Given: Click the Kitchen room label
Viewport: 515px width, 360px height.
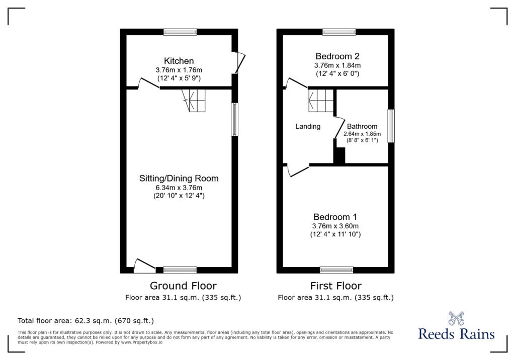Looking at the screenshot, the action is click(x=179, y=61).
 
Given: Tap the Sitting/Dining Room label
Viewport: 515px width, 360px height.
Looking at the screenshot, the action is click(x=179, y=178).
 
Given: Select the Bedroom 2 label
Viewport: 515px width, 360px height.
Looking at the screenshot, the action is click(x=337, y=56).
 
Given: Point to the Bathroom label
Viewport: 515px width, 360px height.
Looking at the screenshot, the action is click(x=362, y=127).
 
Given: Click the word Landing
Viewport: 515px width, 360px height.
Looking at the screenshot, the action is click(x=308, y=127).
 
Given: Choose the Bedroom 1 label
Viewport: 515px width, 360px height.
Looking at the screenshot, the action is click(x=335, y=217).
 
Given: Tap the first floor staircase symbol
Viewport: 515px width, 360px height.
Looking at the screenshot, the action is click(x=321, y=100).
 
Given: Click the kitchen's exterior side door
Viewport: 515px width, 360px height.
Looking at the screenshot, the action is click(x=240, y=62).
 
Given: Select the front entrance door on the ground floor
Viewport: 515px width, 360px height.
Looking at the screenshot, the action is click(x=145, y=266).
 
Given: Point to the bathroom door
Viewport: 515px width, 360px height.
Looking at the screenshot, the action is click(x=339, y=127).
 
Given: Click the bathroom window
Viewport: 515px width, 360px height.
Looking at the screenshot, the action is click(x=391, y=126).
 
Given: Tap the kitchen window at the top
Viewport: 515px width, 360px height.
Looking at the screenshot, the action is click(x=181, y=32).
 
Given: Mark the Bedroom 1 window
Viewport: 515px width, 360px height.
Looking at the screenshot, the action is click(x=336, y=270).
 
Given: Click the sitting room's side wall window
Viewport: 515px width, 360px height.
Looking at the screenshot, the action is click(x=234, y=119).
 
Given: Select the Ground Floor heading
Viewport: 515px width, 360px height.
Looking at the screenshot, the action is click(x=183, y=286).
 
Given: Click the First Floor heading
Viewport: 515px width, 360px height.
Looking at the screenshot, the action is click(x=335, y=286).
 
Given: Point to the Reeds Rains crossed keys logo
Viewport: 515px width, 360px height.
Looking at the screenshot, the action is click(x=456, y=318).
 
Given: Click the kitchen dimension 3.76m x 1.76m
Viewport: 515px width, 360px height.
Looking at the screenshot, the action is click(x=179, y=70).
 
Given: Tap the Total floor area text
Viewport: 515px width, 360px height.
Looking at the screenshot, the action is click(x=85, y=321).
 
